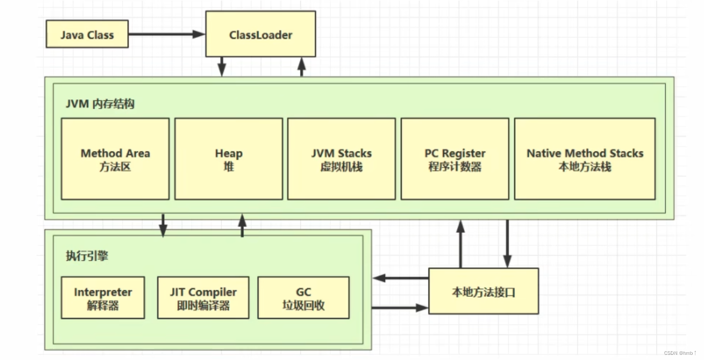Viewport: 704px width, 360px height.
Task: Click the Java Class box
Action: click(x=87, y=34)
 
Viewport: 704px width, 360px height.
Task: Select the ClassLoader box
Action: click(x=261, y=35)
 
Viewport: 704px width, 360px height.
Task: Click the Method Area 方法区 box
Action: click(x=115, y=159)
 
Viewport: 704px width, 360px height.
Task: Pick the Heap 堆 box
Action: click(x=228, y=159)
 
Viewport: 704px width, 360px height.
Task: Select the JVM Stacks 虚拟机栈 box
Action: click(x=341, y=159)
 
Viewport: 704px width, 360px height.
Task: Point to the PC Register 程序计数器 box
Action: click(x=455, y=159)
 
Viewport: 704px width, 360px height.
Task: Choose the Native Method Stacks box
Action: click(x=585, y=159)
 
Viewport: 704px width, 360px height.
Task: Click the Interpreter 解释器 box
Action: click(x=102, y=297)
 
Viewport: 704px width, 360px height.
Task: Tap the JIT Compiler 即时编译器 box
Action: click(x=203, y=297)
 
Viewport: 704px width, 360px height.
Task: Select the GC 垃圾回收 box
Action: click(x=303, y=297)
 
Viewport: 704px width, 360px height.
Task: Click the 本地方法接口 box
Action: click(x=483, y=291)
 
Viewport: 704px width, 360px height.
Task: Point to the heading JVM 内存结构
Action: click(x=100, y=103)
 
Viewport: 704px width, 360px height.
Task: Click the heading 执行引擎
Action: click(x=87, y=256)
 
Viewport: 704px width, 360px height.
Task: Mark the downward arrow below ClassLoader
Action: click(x=222, y=66)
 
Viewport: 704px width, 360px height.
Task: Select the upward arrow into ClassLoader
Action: click(x=302, y=66)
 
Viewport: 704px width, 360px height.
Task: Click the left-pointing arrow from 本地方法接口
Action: click(x=401, y=278)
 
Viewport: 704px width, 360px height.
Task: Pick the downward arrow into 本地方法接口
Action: click(x=507, y=243)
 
